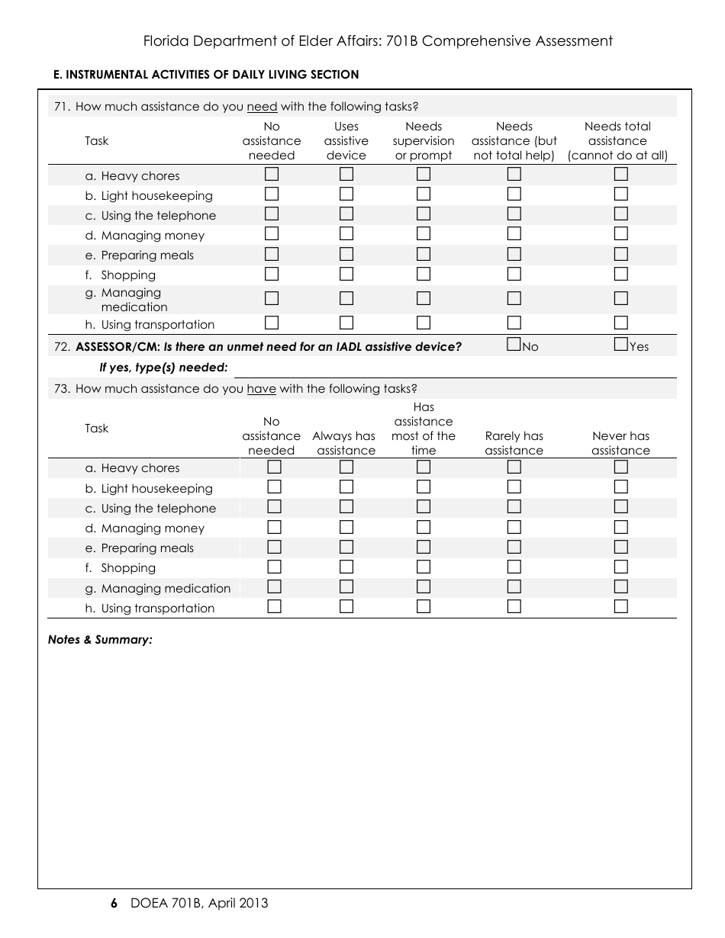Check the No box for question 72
514,345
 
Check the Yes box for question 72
620,345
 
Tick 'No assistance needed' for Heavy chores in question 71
272,175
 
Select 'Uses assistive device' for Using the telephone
346,214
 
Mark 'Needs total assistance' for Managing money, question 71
620,234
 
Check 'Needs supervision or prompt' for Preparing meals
423,254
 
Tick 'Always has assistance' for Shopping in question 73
346,567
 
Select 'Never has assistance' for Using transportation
620,607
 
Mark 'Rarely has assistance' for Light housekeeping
514,487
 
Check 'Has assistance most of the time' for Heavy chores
423,467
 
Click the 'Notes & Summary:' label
100,640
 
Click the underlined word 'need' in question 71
262,107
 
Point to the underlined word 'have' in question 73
261,389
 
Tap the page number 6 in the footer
114,904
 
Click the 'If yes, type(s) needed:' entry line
454,369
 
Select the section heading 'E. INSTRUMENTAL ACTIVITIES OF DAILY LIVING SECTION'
205,75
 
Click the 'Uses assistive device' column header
346,141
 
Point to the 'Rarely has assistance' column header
514,443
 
